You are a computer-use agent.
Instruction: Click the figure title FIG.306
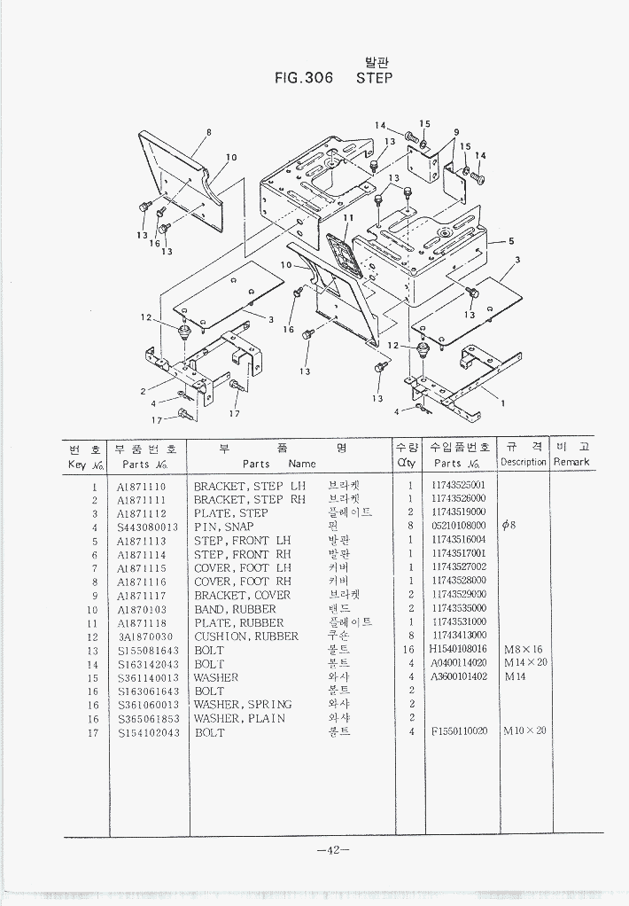(x=304, y=78)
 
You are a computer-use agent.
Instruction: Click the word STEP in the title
(x=374, y=78)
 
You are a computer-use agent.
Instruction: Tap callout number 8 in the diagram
(x=208, y=133)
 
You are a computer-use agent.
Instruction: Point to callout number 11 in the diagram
(x=348, y=217)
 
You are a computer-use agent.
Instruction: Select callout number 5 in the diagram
(x=511, y=240)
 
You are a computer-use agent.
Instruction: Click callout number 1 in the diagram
(x=503, y=403)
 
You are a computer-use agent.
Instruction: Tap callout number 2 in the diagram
(x=143, y=391)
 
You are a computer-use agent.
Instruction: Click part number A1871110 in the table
(x=141, y=487)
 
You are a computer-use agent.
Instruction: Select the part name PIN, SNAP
(x=223, y=527)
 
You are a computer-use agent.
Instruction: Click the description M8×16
(x=523, y=650)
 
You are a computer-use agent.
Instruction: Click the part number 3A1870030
(x=145, y=637)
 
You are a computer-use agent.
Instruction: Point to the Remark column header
(x=571, y=463)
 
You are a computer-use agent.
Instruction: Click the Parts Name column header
(x=279, y=464)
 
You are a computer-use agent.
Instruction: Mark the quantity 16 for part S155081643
(x=410, y=650)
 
